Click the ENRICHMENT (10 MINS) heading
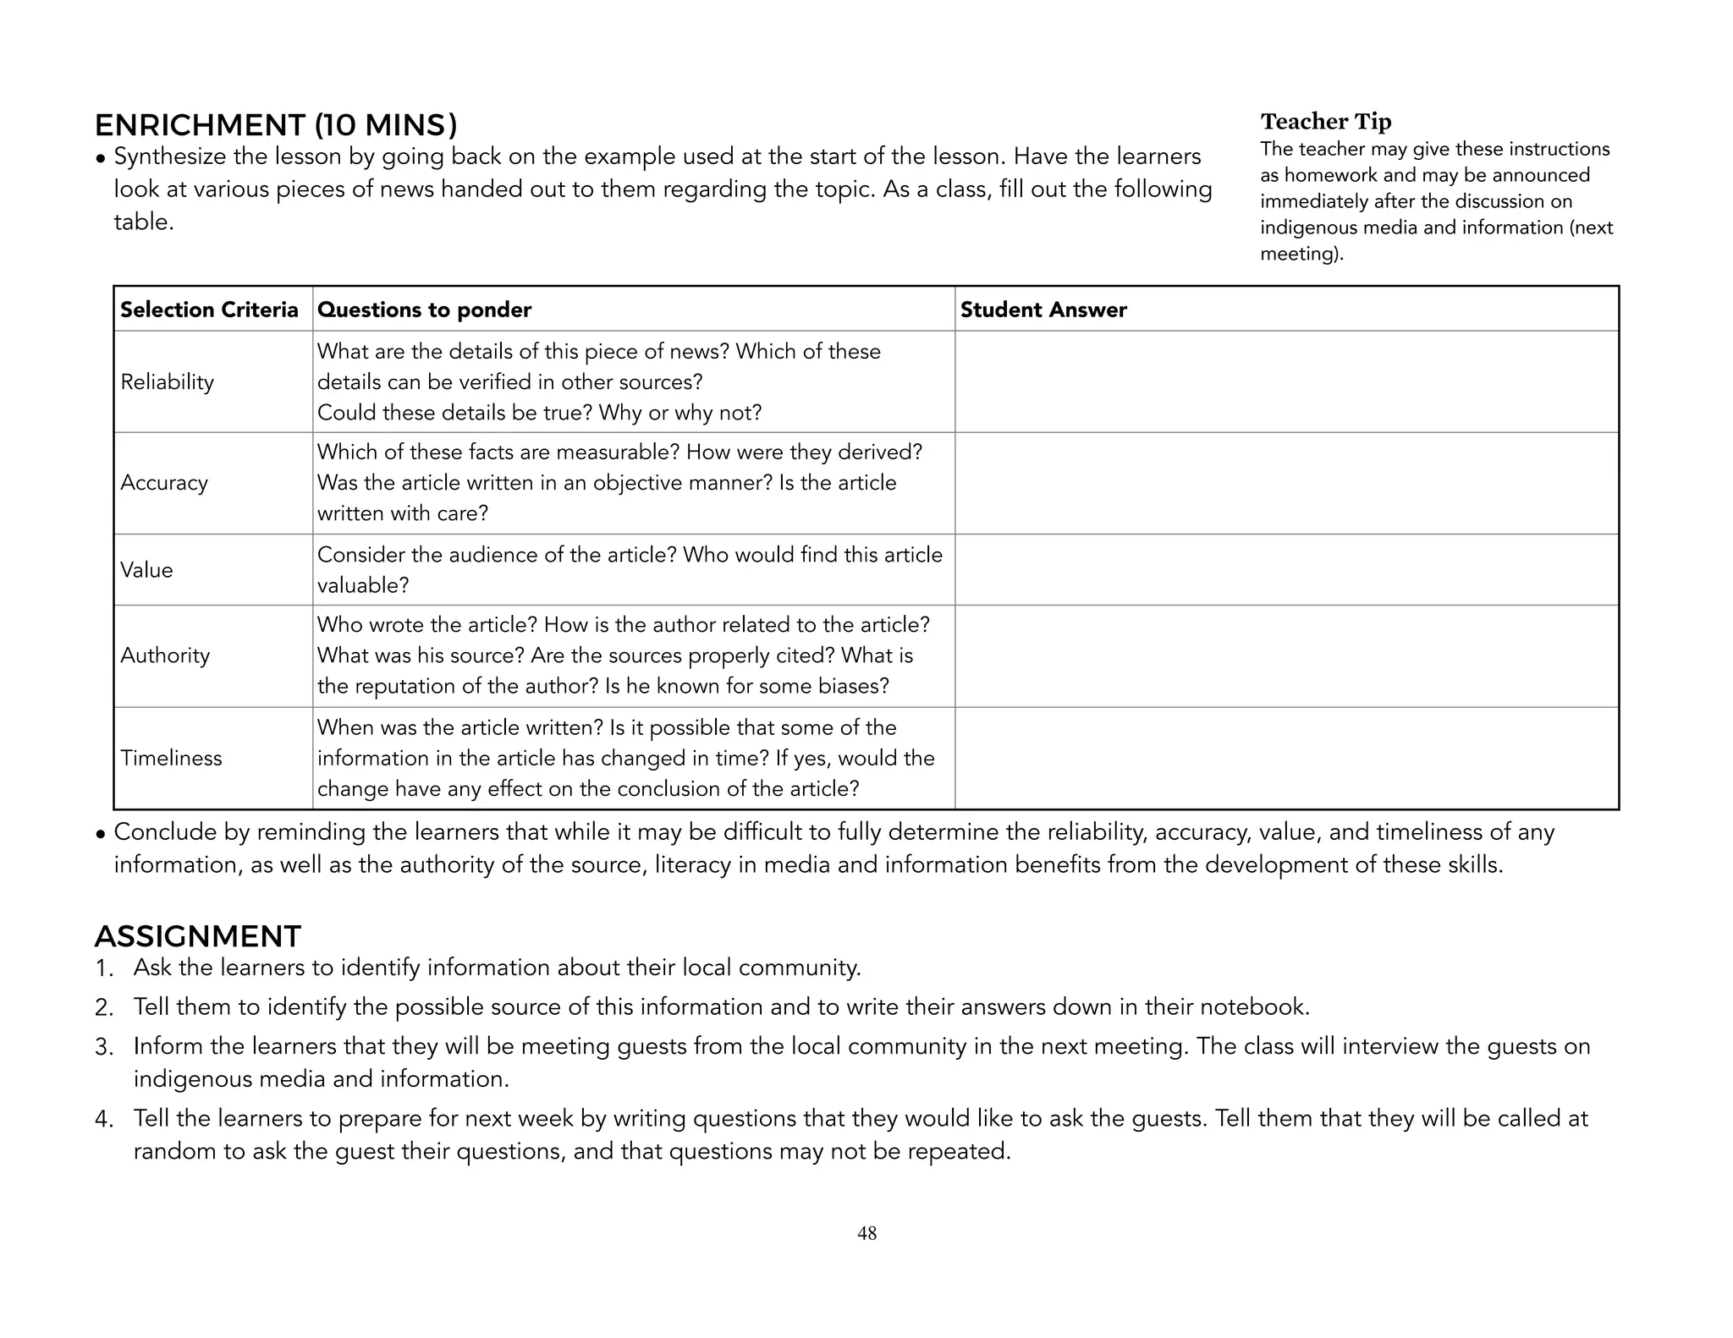[276, 125]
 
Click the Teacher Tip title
[1325, 122]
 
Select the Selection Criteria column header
[209, 310]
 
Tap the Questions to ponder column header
[424, 310]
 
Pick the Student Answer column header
[1043, 310]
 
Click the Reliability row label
[168, 382]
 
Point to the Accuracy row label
[164, 483]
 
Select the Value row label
[146, 570]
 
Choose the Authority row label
[165, 655]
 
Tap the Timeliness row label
[171, 758]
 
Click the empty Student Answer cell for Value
[1286, 570]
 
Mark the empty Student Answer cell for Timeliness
[1286, 758]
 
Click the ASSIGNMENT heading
[197, 936]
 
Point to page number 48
[866, 1233]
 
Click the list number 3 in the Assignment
[104, 1048]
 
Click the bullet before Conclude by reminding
[101, 834]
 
